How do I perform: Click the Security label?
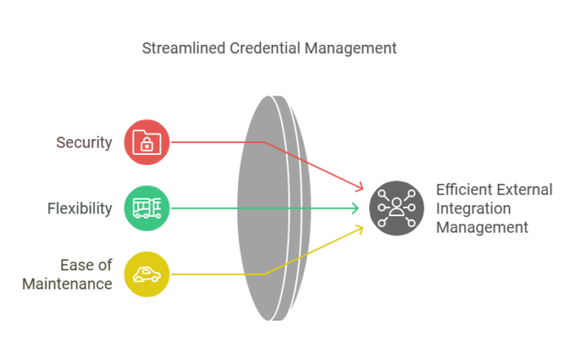pos(84,143)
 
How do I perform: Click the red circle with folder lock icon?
pos(146,142)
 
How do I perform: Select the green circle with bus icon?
pos(146,208)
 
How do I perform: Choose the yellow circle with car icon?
pos(146,274)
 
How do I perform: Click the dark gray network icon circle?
pos(396,208)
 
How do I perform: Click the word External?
pos(525,190)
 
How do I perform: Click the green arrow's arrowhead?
pos(358,208)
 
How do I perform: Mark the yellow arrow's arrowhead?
pos(361,227)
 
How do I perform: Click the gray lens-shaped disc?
pos(270,208)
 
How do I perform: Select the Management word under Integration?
pos(481,226)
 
